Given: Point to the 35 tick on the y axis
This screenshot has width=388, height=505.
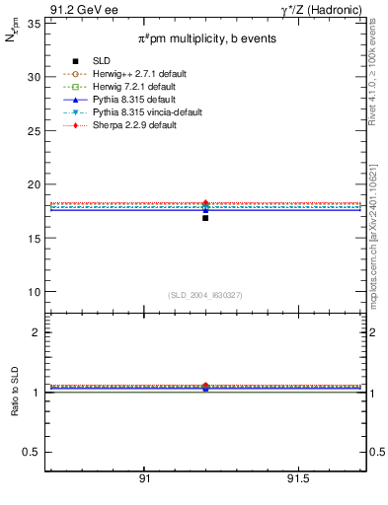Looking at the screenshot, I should pyautogui.click(x=34, y=23).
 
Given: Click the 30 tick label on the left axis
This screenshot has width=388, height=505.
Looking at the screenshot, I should pyautogui.click(x=34, y=77).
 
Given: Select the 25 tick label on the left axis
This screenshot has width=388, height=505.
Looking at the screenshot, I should pyautogui.click(x=34, y=130).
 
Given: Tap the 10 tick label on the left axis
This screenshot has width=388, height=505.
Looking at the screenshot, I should pyautogui.click(x=34, y=292).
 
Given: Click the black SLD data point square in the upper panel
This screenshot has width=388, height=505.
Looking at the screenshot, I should pyautogui.click(x=205, y=217).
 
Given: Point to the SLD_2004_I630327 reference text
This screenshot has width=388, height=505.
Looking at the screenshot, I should pyautogui.click(x=204, y=295).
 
